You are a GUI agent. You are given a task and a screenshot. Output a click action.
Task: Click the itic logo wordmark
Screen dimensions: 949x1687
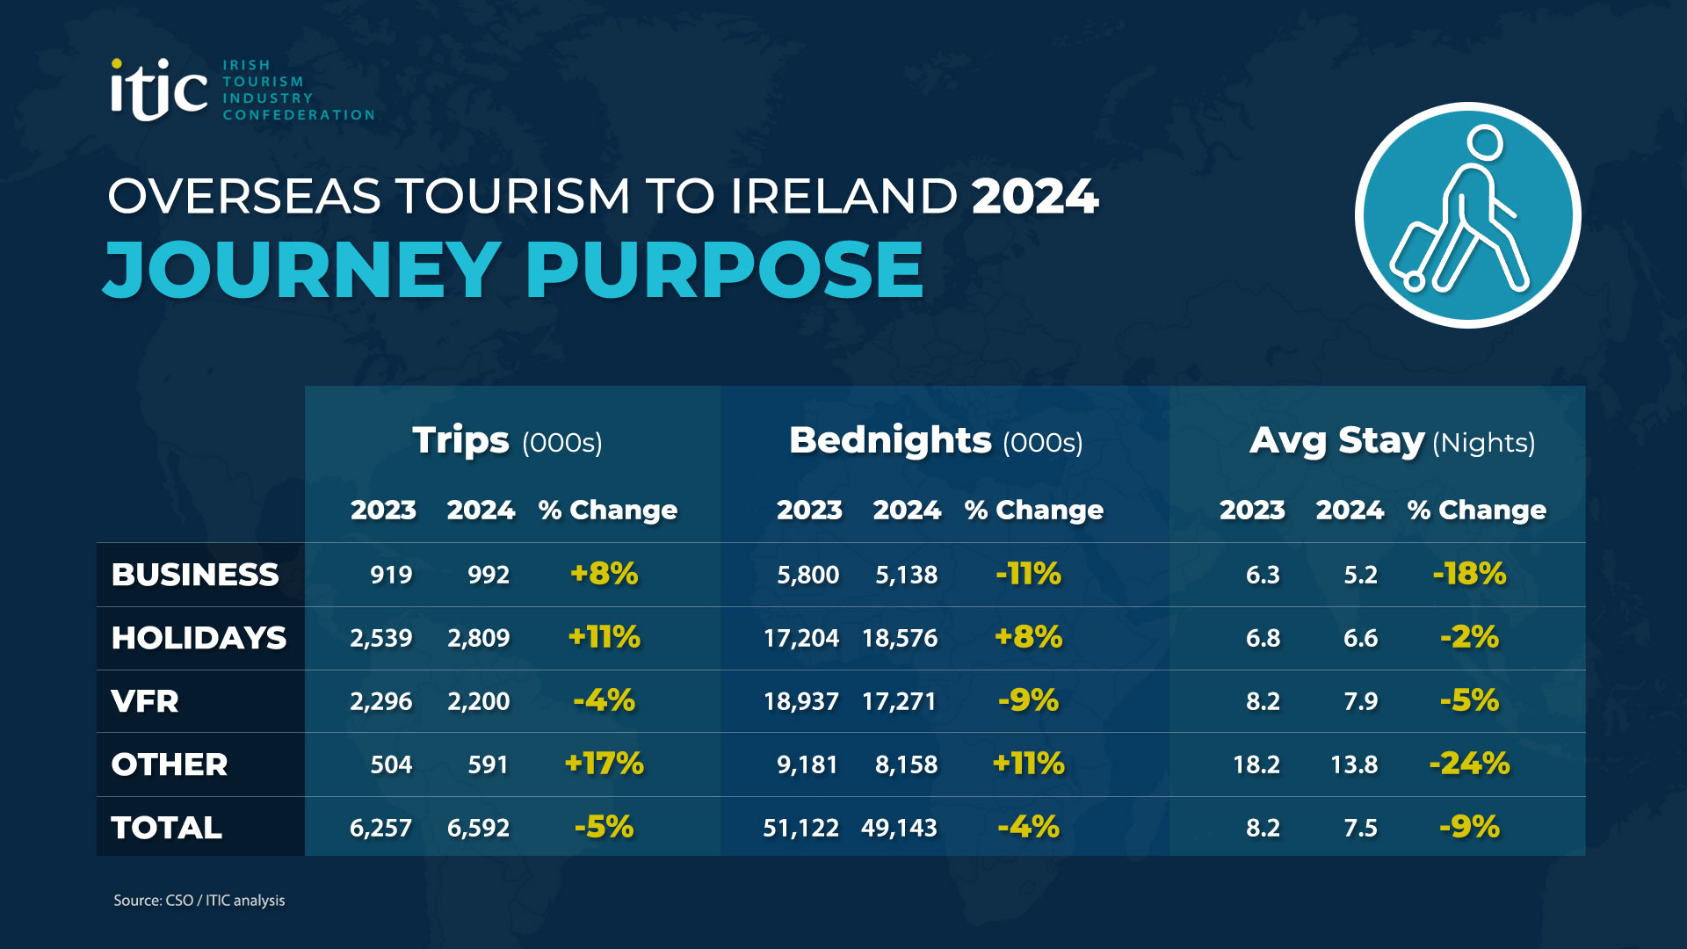tap(158, 90)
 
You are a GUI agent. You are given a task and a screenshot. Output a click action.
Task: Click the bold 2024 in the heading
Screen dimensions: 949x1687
tap(1035, 196)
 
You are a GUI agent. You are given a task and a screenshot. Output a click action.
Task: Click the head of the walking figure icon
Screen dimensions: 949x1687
tap(1485, 142)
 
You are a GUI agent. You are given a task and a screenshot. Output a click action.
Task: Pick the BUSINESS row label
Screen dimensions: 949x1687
tap(195, 575)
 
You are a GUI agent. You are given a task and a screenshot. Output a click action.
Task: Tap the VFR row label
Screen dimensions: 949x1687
tap(145, 701)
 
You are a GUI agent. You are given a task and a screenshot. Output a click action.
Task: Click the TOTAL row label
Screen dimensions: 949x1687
tap(166, 828)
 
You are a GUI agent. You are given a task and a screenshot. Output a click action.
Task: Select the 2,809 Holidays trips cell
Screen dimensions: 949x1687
tap(478, 638)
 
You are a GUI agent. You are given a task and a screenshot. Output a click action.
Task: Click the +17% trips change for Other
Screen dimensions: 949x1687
tap(604, 764)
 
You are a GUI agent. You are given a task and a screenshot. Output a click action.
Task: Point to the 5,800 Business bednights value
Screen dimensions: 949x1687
tap(807, 575)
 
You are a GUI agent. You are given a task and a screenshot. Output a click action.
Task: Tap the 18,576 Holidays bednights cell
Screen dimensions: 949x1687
tap(900, 638)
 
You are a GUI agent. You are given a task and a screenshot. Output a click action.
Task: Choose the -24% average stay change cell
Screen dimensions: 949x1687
tap(1469, 764)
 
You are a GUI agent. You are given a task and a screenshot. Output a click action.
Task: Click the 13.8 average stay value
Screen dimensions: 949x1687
tap(1353, 764)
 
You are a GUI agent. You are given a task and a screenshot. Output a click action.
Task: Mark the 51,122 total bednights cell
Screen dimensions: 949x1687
tap(800, 828)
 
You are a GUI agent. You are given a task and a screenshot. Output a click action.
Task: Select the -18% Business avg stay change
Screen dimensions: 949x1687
tap(1469, 574)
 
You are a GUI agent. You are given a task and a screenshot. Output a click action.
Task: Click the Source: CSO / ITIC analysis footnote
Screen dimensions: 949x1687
tap(199, 901)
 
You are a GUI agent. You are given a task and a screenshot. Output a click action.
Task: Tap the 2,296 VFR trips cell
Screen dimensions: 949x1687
tap(380, 701)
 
